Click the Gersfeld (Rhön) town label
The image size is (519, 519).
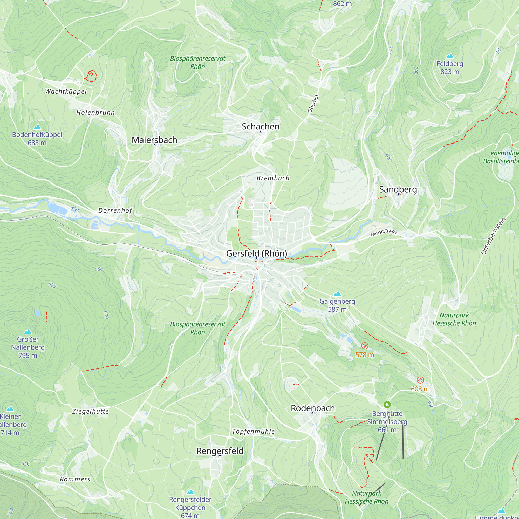tap(257, 253)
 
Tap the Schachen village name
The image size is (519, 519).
tap(260, 127)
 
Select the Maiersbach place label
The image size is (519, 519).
tap(154, 140)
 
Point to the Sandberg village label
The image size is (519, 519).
tap(398, 189)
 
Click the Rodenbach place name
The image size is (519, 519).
tap(313, 408)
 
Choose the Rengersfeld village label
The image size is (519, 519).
tap(220, 451)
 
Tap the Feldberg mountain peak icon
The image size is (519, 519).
tap(450, 56)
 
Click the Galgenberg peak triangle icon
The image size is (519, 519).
tap(337, 293)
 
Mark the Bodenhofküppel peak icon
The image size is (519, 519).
tap(37, 127)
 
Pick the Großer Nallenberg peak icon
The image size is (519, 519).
tap(28, 332)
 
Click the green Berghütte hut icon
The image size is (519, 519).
tap(387, 405)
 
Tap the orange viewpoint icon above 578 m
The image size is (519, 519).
tap(365, 346)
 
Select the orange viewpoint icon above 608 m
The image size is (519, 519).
tap(420, 380)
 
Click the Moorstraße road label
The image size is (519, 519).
tap(384, 233)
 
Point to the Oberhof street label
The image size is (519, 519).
tap(313, 104)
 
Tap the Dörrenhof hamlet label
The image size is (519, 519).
tap(115, 211)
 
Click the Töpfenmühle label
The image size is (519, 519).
tap(253, 432)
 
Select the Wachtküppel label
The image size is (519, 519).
tap(66, 92)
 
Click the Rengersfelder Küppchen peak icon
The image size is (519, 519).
tap(190, 492)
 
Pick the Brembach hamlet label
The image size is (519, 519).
tap(273, 178)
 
